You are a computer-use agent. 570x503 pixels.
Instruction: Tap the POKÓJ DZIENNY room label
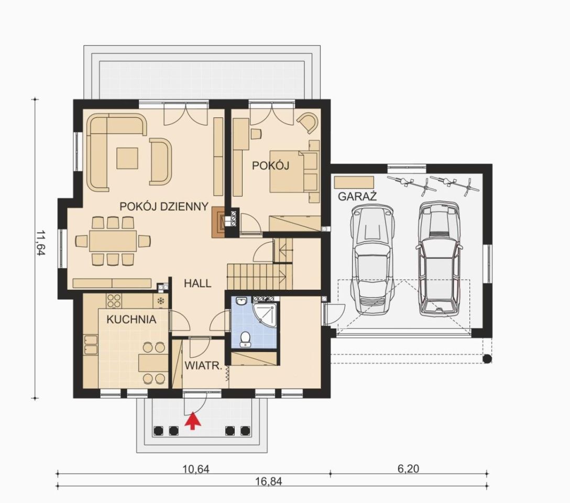(x=164, y=206)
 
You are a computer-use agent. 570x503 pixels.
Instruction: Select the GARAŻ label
(x=357, y=196)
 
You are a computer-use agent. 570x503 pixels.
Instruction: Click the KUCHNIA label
(x=131, y=320)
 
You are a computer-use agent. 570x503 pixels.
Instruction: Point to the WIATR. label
(x=203, y=366)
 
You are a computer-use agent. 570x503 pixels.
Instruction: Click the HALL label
(x=198, y=283)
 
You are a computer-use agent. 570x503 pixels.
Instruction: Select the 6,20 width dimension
(x=408, y=469)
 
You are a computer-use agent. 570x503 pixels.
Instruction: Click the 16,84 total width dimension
(x=269, y=482)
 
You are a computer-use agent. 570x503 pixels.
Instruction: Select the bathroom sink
(x=241, y=301)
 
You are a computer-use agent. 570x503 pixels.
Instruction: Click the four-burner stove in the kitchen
(x=114, y=301)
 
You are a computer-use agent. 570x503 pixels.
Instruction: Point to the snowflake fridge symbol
(x=160, y=301)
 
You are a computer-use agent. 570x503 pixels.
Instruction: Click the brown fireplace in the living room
(x=218, y=222)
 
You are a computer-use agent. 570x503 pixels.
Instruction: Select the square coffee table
(x=127, y=158)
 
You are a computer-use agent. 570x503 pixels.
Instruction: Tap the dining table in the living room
(x=113, y=240)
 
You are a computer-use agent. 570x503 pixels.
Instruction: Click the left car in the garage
(x=372, y=260)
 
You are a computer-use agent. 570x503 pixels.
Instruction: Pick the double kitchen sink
(x=91, y=345)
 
